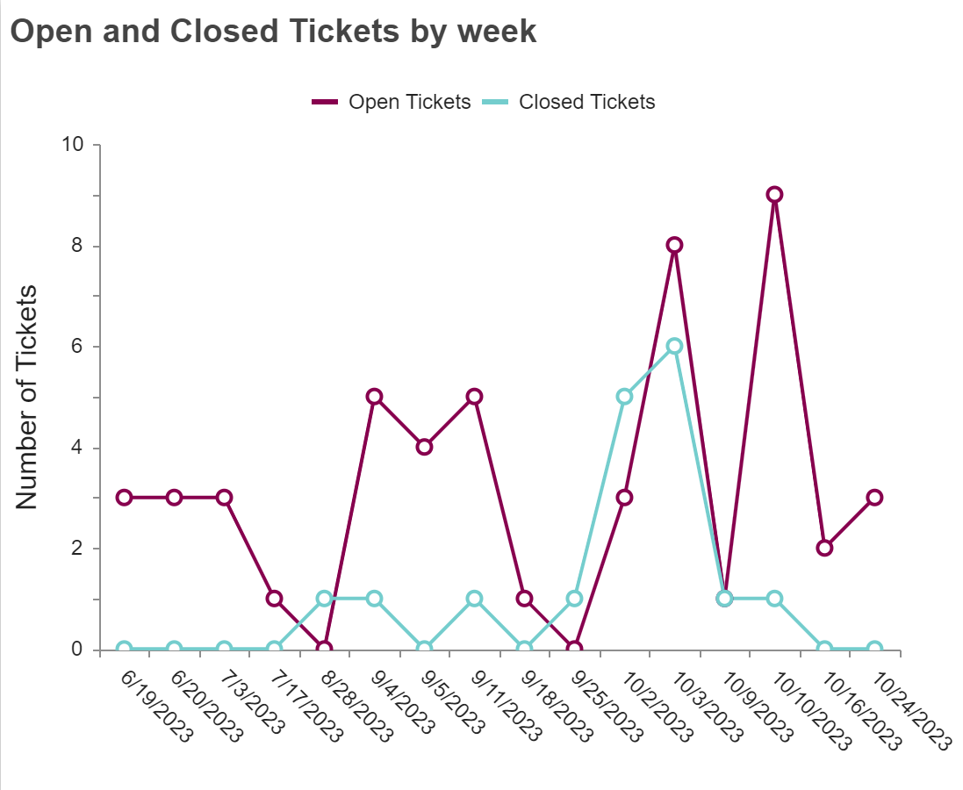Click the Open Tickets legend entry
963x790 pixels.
(x=392, y=102)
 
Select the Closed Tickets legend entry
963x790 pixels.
(x=570, y=102)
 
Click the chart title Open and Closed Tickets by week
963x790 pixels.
(x=273, y=32)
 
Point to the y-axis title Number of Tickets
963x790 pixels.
(x=27, y=397)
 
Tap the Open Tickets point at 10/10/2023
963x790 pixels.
(x=774, y=195)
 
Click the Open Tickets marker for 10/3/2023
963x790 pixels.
(x=674, y=245)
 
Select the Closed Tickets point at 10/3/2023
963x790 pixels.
(x=674, y=346)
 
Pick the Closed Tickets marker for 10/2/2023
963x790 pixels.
(x=624, y=397)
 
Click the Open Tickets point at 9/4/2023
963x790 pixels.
(x=375, y=397)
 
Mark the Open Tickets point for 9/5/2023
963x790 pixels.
(x=425, y=447)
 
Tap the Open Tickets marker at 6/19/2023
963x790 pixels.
(x=125, y=498)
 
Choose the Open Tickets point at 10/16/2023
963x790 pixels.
(x=824, y=548)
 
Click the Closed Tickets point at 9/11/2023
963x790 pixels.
(x=475, y=599)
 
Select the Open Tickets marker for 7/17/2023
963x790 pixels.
(x=275, y=599)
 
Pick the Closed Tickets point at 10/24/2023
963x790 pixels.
(x=874, y=650)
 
